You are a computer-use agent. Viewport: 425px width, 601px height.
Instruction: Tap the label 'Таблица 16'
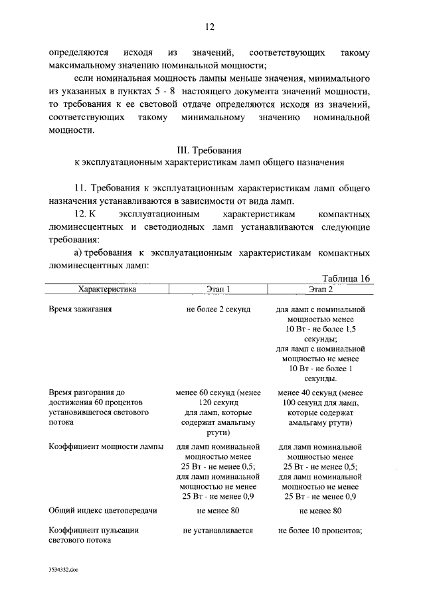[345, 278]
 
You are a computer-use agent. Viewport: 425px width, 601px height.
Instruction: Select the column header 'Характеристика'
[107, 290]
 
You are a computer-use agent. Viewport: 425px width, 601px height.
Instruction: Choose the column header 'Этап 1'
[218, 290]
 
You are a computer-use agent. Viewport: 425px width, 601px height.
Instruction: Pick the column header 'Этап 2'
[321, 290]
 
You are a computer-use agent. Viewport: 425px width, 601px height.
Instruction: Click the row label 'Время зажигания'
[80, 310]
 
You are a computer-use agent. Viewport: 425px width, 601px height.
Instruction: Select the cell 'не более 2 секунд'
[218, 310]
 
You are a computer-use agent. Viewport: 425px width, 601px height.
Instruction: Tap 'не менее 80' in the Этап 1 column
[218, 511]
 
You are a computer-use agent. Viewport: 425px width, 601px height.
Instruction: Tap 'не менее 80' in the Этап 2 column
[321, 511]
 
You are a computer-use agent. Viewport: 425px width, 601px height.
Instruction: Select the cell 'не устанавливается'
[218, 531]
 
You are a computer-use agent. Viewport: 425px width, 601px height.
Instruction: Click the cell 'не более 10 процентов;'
[321, 531]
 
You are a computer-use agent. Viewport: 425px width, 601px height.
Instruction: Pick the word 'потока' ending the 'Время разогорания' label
[62, 423]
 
